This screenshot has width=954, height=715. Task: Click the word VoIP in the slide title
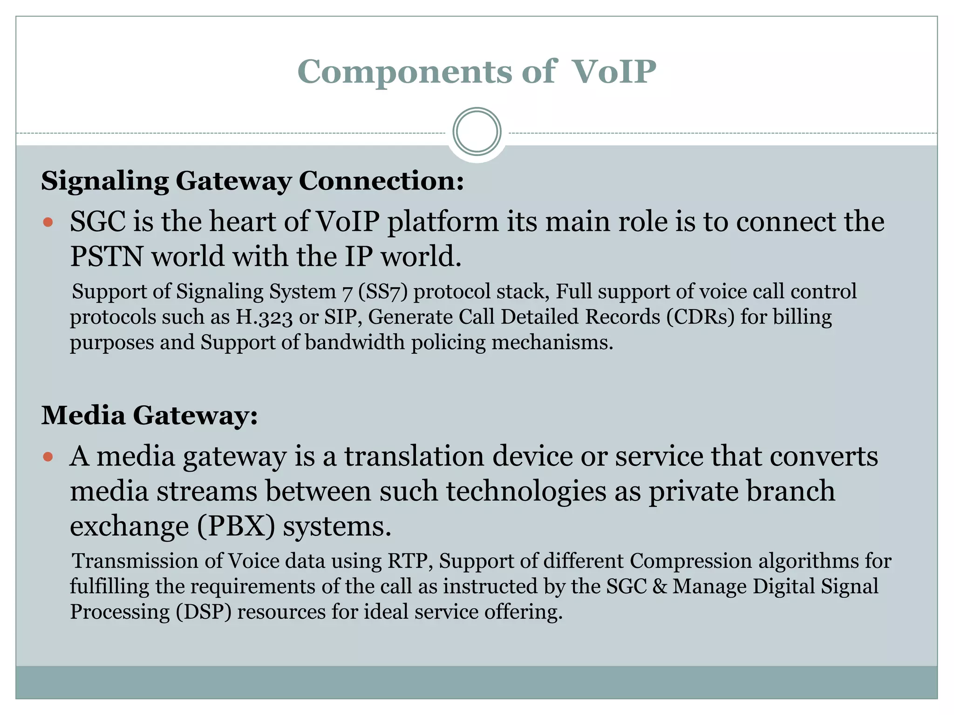tap(614, 72)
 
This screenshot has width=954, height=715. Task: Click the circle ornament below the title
tap(477, 132)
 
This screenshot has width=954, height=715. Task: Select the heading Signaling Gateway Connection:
tap(252, 181)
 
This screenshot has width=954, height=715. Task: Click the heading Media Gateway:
tap(150, 415)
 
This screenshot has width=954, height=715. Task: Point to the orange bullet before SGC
tap(48, 222)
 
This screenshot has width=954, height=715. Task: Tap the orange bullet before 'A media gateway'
tap(48, 457)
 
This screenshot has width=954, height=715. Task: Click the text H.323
tap(265, 317)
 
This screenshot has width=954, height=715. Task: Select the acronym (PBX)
tap(236, 526)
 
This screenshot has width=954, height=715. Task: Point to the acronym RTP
tap(407, 561)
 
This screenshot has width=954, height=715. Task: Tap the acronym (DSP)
tap(204, 612)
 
